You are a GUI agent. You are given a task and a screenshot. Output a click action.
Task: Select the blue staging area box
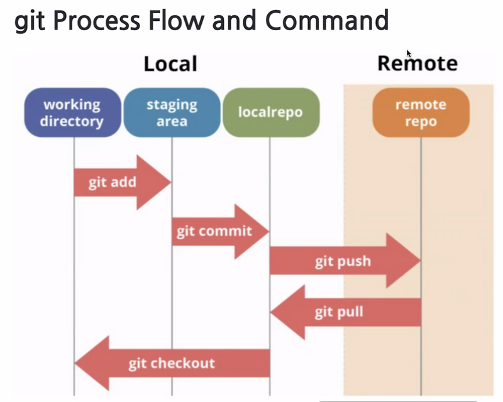coord(172,112)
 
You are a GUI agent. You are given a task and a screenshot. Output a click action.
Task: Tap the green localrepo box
coord(270,112)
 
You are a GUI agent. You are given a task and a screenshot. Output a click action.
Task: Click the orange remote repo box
coord(421,112)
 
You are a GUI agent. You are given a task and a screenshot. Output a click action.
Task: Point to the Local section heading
coord(170,63)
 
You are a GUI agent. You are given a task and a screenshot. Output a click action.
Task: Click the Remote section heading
coord(417,63)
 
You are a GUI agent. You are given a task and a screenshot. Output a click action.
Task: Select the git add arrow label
coord(113,183)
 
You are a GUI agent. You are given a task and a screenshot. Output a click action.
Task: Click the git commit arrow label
coord(214,231)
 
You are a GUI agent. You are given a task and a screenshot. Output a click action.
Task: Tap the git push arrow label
coord(343,261)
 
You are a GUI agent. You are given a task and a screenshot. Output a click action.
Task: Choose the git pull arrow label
coord(339,312)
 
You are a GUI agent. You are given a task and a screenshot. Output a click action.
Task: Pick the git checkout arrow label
coord(172,363)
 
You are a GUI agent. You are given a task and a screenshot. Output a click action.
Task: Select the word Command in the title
coord(326,21)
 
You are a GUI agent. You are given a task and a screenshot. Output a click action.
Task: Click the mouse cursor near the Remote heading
coord(409,53)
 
